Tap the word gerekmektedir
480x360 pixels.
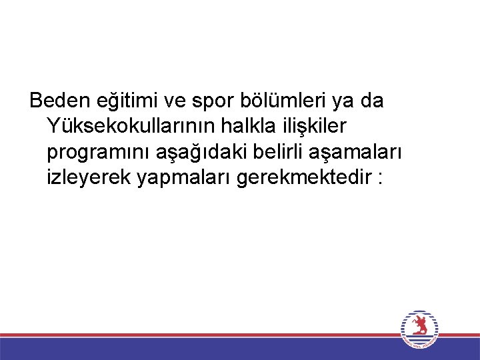[x=299, y=179]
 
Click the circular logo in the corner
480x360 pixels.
[x=420, y=329]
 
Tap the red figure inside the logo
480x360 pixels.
[x=420, y=326]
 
